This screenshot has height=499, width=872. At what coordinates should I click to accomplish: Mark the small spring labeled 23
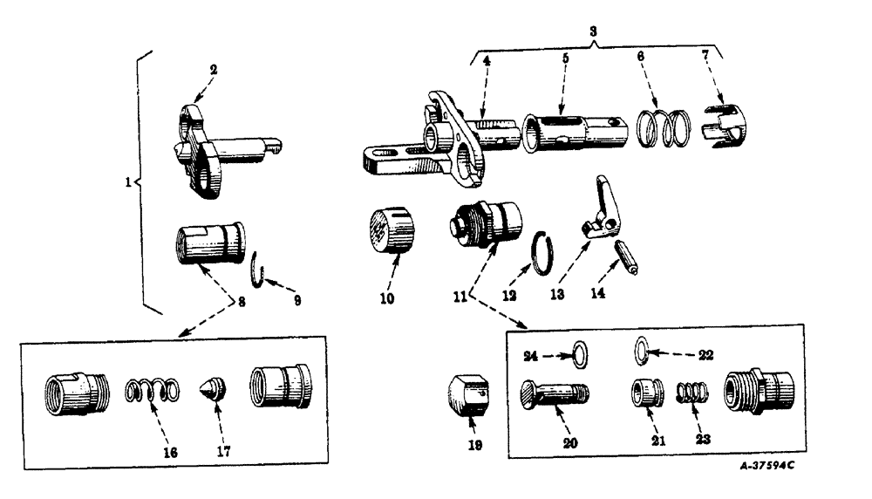pos(695,393)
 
